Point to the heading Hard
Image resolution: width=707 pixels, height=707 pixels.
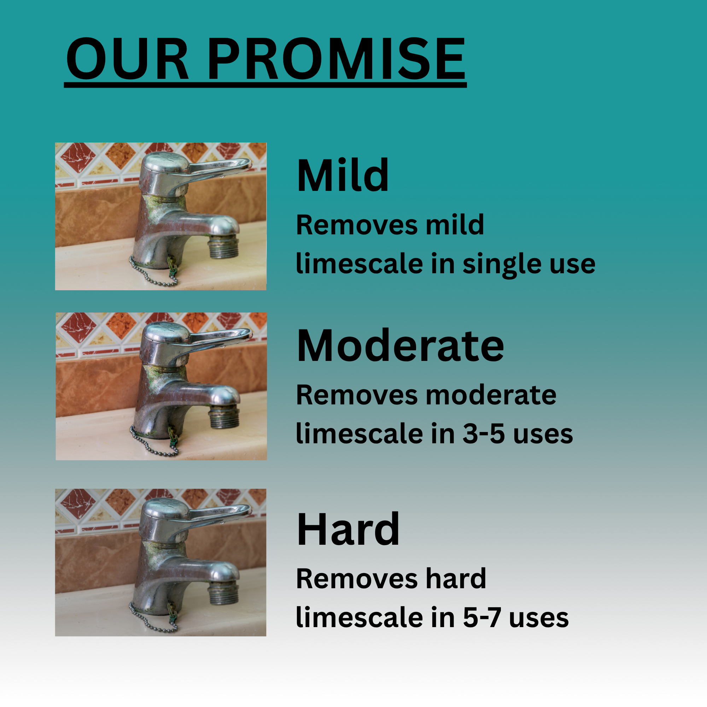pyautogui.click(x=348, y=529)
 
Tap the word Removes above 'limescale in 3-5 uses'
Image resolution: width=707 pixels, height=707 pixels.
pyautogui.click(x=357, y=395)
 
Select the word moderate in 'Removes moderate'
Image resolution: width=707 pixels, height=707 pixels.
pyautogui.click(x=491, y=395)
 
